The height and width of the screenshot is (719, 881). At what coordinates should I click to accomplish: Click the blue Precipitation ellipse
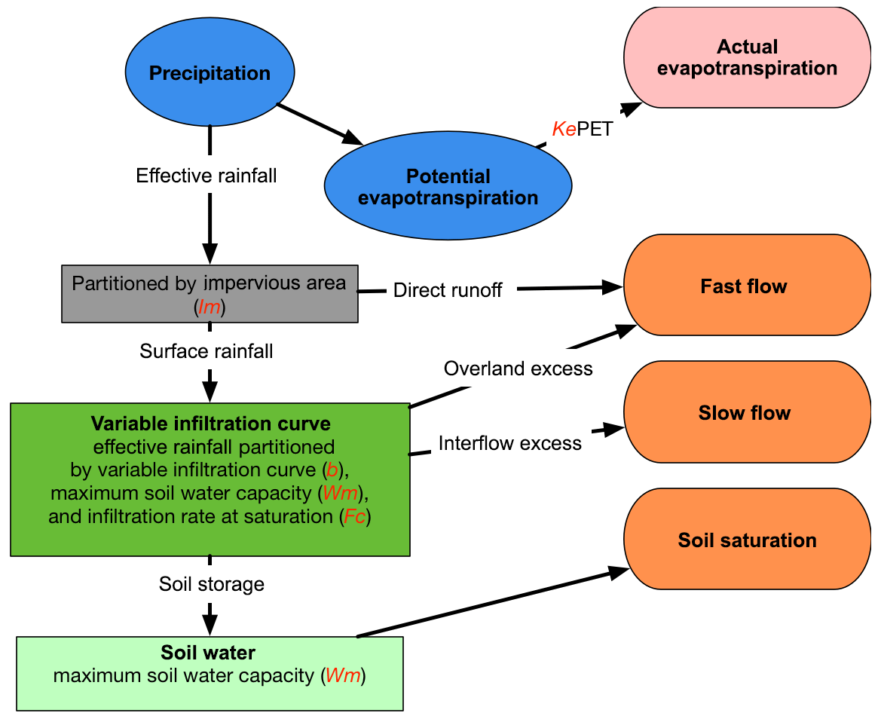coord(210,73)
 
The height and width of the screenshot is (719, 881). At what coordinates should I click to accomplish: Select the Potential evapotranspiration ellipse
coord(448,187)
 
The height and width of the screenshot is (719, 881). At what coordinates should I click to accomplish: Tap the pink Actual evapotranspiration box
coord(747,58)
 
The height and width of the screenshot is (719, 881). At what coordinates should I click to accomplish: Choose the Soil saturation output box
coord(747,540)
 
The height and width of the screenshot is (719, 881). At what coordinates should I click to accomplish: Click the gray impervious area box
coord(209,293)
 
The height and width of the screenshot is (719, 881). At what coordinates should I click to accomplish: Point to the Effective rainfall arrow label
coord(206,176)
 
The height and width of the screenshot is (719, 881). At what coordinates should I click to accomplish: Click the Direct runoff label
coord(448,291)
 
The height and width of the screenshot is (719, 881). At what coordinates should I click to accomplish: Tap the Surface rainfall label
coord(206,351)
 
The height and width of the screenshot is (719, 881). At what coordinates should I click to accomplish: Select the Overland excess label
coord(518,369)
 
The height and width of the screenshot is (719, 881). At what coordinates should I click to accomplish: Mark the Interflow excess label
coord(509,443)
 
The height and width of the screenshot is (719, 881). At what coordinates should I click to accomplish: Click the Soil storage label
coord(211,584)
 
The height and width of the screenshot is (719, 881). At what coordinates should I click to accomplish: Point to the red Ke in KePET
coord(564,129)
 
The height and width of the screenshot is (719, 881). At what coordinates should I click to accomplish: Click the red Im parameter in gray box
coord(209,306)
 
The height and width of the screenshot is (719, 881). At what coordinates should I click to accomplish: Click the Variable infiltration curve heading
coord(210,424)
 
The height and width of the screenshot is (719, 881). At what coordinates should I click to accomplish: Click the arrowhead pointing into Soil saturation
coord(619,572)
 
